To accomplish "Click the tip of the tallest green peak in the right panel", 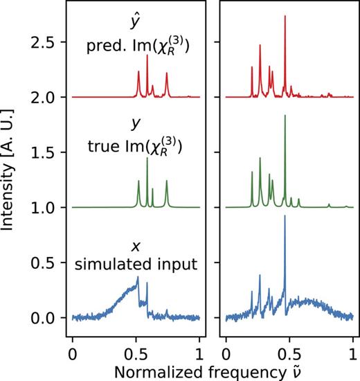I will tap(285, 115).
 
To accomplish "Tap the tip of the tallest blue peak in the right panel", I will tap(285, 216).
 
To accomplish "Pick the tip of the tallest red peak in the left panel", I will tap(147, 55).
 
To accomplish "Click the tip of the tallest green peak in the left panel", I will tap(147, 159).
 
